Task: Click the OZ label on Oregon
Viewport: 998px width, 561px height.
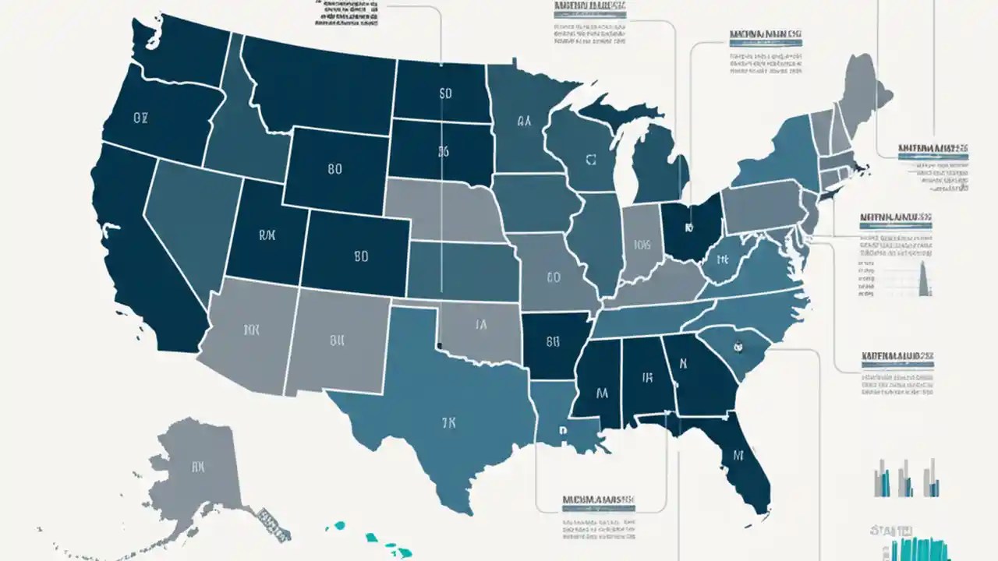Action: pos(140,118)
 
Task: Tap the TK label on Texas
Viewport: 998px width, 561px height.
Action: pos(448,423)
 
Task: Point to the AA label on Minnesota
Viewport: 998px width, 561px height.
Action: pos(523,122)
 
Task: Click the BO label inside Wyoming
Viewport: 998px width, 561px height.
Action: pos(335,168)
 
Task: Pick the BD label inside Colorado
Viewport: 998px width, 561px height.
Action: pos(360,255)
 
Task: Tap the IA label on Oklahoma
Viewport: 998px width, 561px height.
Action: pos(480,325)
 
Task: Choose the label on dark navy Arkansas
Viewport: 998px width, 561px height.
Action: pos(554,340)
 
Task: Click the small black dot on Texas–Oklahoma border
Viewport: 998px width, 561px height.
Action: pos(440,345)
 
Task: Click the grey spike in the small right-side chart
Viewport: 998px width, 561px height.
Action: pos(925,280)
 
